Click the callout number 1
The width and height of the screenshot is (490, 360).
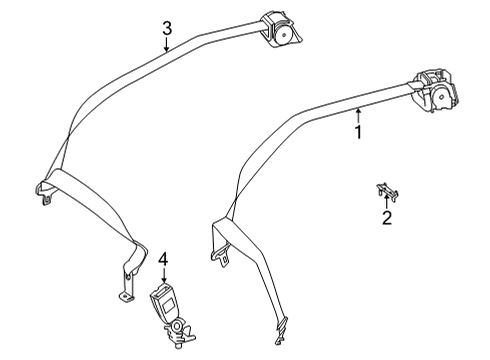point(358,132)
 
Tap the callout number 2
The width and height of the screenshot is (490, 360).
point(387,218)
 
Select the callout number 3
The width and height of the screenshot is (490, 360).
point(167,28)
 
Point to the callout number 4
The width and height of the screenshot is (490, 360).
point(163,260)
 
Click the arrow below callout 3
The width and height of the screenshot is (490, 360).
point(167,44)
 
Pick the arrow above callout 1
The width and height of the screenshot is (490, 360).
point(358,116)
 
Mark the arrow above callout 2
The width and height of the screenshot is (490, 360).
point(386,203)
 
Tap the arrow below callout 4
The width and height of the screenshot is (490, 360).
point(164,276)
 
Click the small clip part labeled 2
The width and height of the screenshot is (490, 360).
point(387,191)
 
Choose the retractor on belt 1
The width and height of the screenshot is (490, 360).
point(434,89)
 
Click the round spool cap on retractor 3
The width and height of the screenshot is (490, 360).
point(283,34)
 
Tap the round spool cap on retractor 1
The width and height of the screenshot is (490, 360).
point(442,97)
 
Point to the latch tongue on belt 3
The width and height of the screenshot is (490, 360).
point(44,193)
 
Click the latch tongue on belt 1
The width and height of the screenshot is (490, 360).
point(220,255)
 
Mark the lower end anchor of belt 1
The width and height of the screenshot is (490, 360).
point(280,332)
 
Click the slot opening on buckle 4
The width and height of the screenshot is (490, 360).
point(160,290)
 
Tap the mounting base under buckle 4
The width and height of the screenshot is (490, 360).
point(178,333)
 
